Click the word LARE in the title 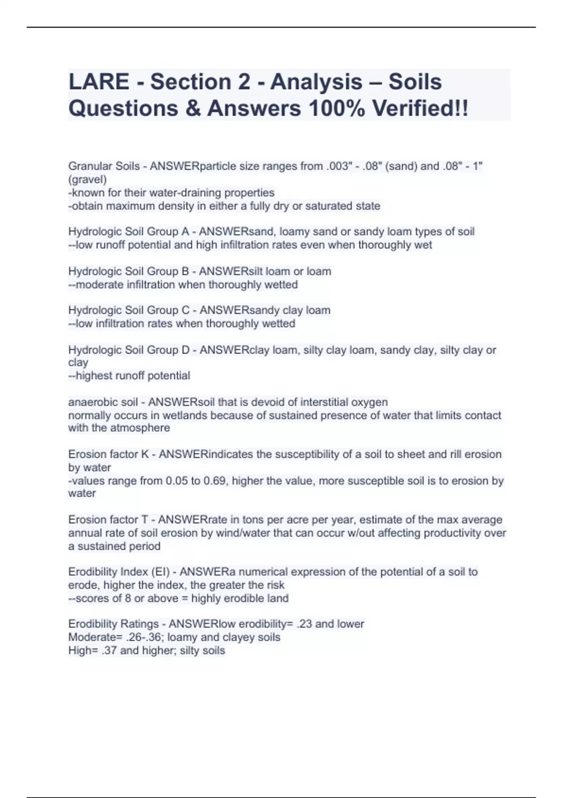click(x=99, y=82)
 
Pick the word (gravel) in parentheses click(x=88, y=179)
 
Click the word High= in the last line click(x=83, y=650)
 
